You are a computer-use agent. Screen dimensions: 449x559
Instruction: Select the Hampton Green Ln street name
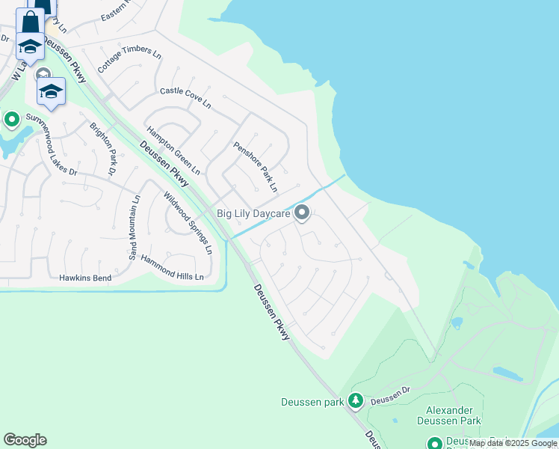click(x=173, y=150)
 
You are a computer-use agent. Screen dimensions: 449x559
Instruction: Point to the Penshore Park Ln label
click(x=255, y=165)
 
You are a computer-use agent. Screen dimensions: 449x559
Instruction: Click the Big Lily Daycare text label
click(x=253, y=213)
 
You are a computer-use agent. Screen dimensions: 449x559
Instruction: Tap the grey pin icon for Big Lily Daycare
click(x=302, y=214)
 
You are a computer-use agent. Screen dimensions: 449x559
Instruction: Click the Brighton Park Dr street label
click(x=103, y=149)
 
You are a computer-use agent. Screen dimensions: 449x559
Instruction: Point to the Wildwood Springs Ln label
click(x=188, y=222)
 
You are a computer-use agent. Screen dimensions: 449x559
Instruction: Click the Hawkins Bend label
click(x=85, y=278)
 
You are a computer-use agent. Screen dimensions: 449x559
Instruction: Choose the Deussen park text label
click(x=312, y=402)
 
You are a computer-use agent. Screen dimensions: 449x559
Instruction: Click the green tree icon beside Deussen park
click(x=356, y=402)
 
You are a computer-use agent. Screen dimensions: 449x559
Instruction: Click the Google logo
click(x=25, y=440)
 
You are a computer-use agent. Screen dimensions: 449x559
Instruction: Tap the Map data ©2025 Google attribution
click(x=513, y=443)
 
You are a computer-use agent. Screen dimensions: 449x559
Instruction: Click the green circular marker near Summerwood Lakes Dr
click(x=12, y=119)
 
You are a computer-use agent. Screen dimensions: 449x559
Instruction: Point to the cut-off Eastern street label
click(x=116, y=14)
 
